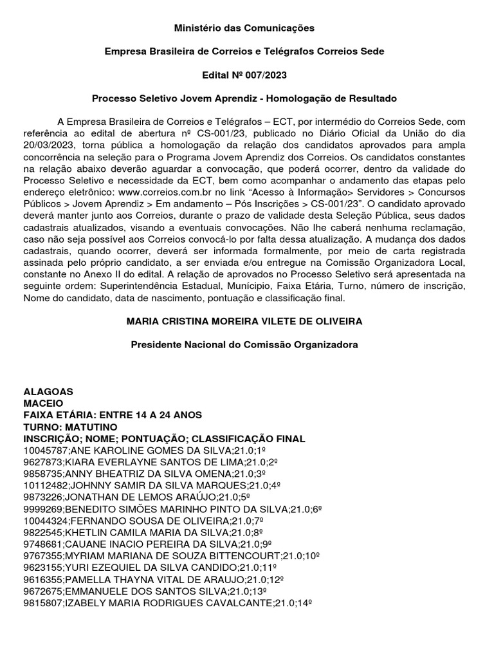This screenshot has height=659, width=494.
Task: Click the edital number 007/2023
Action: point(263,75)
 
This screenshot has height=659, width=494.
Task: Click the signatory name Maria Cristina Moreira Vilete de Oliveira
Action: point(244,321)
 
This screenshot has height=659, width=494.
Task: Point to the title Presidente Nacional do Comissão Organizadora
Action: point(244,344)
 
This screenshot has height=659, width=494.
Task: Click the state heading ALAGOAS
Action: point(48,391)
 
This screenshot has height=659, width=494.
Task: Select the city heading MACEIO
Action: point(43,403)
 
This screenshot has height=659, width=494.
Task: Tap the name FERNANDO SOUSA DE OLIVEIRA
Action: point(154,520)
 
